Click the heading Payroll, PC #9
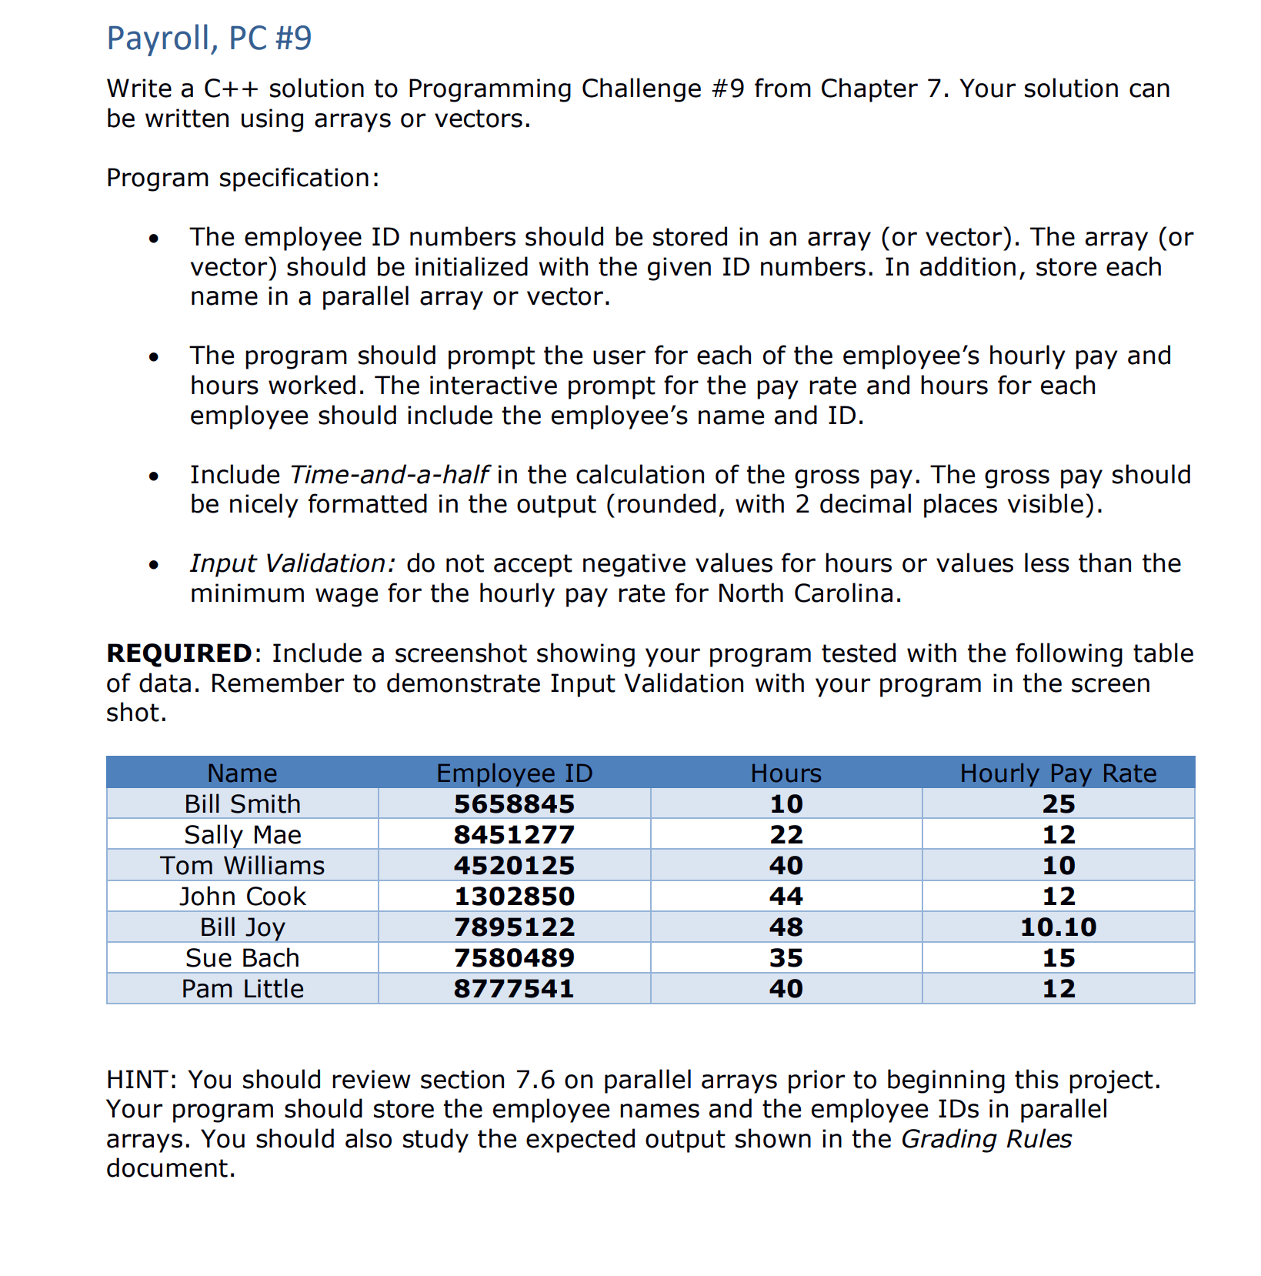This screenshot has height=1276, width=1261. (x=208, y=38)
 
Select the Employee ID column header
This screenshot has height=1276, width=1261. (x=514, y=773)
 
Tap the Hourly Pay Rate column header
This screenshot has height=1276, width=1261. (x=1058, y=773)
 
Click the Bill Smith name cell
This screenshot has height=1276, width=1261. (x=242, y=803)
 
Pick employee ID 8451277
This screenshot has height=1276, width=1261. (x=514, y=834)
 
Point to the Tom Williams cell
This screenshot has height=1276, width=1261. (x=242, y=865)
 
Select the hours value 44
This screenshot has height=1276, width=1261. (x=786, y=896)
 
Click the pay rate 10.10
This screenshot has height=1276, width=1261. (x=1058, y=927)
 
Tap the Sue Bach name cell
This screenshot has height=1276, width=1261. (x=242, y=957)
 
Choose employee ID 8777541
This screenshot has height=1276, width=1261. (x=514, y=988)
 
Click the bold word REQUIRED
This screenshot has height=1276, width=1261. (x=178, y=653)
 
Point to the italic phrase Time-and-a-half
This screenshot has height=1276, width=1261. (x=389, y=474)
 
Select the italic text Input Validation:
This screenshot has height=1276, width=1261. (x=292, y=563)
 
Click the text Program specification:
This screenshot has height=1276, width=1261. (x=242, y=178)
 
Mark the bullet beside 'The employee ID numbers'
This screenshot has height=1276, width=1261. (x=155, y=238)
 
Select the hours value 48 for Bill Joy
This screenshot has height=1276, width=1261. (x=786, y=927)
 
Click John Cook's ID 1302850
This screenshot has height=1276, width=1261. (x=514, y=896)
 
